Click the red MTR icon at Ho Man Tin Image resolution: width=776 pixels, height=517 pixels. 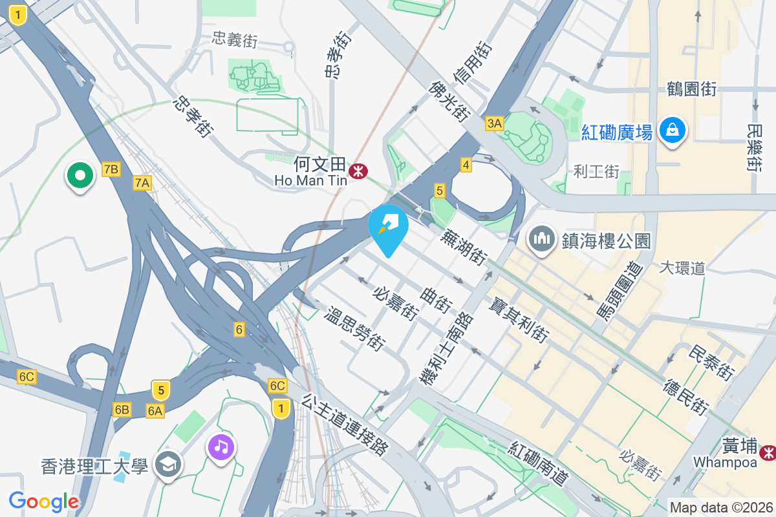pos(358,171)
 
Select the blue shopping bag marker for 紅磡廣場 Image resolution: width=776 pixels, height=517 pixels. pos(673,131)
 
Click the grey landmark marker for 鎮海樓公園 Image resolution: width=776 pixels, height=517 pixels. pos(541,240)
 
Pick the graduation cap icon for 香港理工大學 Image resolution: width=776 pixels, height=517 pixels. pos(169,465)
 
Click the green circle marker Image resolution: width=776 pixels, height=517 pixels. pos(80,175)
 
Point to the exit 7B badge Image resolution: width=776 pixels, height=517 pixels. pos(111,170)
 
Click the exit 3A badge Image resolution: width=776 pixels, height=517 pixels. pos(495,123)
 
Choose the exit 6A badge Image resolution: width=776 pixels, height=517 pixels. pos(155,410)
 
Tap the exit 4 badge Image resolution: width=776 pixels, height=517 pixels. pos(466,165)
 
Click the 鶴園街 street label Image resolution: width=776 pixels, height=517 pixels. pos(691,89)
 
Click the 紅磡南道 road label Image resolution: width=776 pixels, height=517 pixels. pos(539,463)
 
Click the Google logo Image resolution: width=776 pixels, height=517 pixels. pos(43,501)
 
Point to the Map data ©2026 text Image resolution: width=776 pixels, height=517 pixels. pos(721,507)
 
